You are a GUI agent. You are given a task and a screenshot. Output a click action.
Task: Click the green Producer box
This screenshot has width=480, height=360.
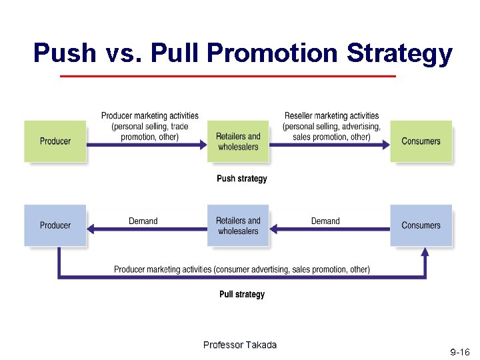point(55,141)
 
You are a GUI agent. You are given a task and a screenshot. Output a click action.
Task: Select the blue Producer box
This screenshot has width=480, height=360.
point(55,225)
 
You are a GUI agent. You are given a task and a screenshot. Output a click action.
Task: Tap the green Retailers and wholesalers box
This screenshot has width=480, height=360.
point(238,141)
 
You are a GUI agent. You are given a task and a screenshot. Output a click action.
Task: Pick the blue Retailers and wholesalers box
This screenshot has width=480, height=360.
point(238,225)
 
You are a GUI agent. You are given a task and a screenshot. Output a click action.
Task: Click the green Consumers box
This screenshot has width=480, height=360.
point(421,141)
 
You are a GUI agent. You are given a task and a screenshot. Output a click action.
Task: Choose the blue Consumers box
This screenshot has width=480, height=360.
point(421,225)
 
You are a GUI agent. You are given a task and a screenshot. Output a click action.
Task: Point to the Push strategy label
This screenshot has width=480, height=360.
point(242,179)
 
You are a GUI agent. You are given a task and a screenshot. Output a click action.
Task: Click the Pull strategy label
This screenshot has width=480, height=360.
point(242,295)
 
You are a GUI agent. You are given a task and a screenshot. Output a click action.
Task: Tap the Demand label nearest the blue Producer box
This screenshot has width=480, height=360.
point(143,221)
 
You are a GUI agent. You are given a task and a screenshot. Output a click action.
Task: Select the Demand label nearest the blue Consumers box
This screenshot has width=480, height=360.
point(325,221)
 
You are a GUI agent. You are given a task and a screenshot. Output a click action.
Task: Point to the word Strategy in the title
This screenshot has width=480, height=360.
point(399,53)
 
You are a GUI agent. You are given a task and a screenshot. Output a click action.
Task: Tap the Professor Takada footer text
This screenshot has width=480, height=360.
point(239,345)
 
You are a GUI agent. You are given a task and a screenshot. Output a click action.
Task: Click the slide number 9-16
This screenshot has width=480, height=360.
point(460,351)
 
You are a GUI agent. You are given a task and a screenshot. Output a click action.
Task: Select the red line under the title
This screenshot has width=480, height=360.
point(227,77)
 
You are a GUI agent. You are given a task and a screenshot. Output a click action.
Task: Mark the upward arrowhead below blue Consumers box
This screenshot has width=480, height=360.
point(425,251)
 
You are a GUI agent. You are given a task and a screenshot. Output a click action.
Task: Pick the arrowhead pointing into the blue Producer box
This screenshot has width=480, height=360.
point(93,229)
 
